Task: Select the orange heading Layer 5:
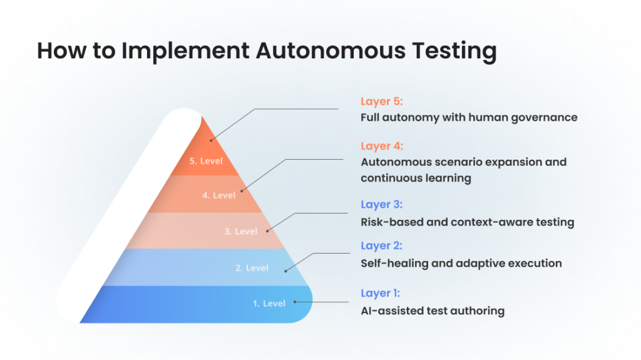point(382,101)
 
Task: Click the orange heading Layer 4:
point(382,146)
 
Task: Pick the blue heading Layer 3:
point(381,204)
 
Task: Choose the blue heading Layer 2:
point(381,245)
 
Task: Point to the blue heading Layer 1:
point(380,293)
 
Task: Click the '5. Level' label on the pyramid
point(206,161)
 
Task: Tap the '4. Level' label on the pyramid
point(218,195)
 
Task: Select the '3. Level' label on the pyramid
point(241,232)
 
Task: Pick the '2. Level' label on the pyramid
point(252,268)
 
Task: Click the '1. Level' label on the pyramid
point(269,304)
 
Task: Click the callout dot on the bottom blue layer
point(295,302)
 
